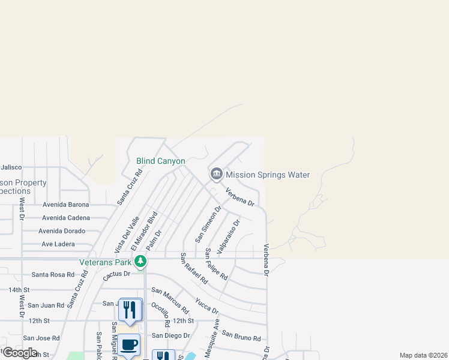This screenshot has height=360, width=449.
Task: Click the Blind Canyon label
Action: pyautogui.click(x=160, y=161)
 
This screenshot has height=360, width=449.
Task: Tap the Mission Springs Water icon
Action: pyautogui.click(x=216, y=175)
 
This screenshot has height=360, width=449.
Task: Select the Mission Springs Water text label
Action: pyautogui.click(x=267, y=175)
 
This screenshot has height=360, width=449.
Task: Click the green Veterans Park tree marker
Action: pyautogui.click(x=140, y=261)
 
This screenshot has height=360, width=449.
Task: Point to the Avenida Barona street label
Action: pyautogui.click(x=65, y=205)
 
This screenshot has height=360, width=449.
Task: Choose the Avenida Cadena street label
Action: pyautogui.click(x=66, y=218)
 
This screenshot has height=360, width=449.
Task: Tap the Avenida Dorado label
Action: pyautogui.click(x=62, y=231)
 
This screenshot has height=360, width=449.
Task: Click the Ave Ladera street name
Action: pyautogui.click(x=58, y=244)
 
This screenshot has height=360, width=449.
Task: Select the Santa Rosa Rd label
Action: pyautogui.click(x=53, y=275)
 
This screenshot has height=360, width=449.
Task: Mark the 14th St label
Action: pyautogui.click(x=19, y=290)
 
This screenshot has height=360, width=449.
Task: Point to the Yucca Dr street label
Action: pyautogui.click(x=206, y=306)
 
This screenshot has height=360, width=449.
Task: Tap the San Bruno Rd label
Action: pyautogui.click(x=244, y=334)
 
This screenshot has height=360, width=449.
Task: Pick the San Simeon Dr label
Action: pyautogui.click(x=208, y=224)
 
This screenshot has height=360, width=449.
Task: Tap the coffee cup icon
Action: pyautogui.click(x=128, y=345)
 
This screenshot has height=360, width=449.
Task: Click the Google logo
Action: pyautogui.click(x=20, y=353)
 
